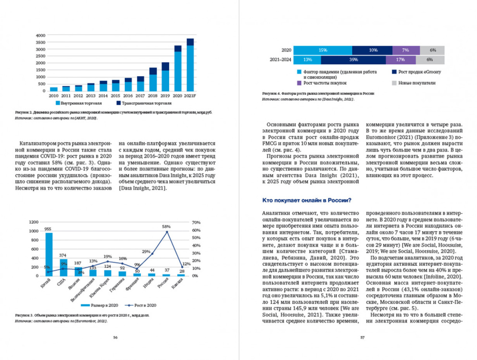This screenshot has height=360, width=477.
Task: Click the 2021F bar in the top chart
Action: click(190, 65)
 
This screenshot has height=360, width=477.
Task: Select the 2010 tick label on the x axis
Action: click(54, 96)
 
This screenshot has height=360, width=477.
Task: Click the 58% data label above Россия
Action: click(166, 226)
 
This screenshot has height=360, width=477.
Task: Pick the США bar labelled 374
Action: click(63, 267)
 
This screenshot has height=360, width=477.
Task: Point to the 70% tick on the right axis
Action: click(196, 222)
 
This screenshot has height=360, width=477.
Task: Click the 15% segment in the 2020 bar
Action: click(322, 50)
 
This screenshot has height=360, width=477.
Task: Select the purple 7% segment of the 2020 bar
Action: click(405, 50)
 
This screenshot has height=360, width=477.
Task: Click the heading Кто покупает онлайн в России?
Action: click(307, 200)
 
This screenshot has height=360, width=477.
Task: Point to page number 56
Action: click(115, 337)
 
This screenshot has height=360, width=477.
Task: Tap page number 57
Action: click(362, 337)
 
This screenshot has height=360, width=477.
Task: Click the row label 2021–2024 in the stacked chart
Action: click(281, 60)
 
